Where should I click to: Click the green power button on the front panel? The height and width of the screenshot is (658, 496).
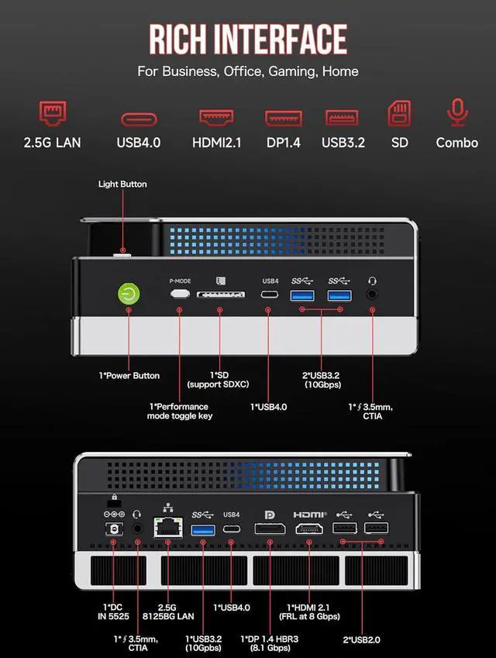tap(129, 295)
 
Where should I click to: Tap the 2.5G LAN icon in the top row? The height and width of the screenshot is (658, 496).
tap(53, 115)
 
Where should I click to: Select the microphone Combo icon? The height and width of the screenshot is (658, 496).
tap(457, 113)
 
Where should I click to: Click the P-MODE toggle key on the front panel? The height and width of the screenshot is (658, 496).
tap(180, 295)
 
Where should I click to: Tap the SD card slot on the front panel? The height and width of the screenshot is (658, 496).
tap(220, 295)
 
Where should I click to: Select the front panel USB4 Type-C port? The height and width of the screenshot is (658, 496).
tap(270, 295)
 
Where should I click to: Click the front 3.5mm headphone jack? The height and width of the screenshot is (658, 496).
tap(373, 295)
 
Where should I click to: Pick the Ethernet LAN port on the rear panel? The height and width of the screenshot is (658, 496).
tap(167, 529)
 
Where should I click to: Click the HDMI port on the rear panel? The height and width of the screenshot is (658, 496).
tap(308, 529)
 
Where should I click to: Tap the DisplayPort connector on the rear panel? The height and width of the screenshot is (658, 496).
tap(270, 529)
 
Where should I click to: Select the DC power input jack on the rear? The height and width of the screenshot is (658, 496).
tap(114, 529)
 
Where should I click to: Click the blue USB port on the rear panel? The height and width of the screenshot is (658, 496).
tap(203, 529)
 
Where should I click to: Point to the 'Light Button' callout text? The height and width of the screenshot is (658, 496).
tap(122, 184)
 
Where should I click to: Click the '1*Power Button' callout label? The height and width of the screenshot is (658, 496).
tap(129, 376)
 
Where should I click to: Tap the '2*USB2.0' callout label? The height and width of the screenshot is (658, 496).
tap(363, 639)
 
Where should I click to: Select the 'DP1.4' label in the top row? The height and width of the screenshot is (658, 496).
tap(283, 143)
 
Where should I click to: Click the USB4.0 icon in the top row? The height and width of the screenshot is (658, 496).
tap(139, 119)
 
